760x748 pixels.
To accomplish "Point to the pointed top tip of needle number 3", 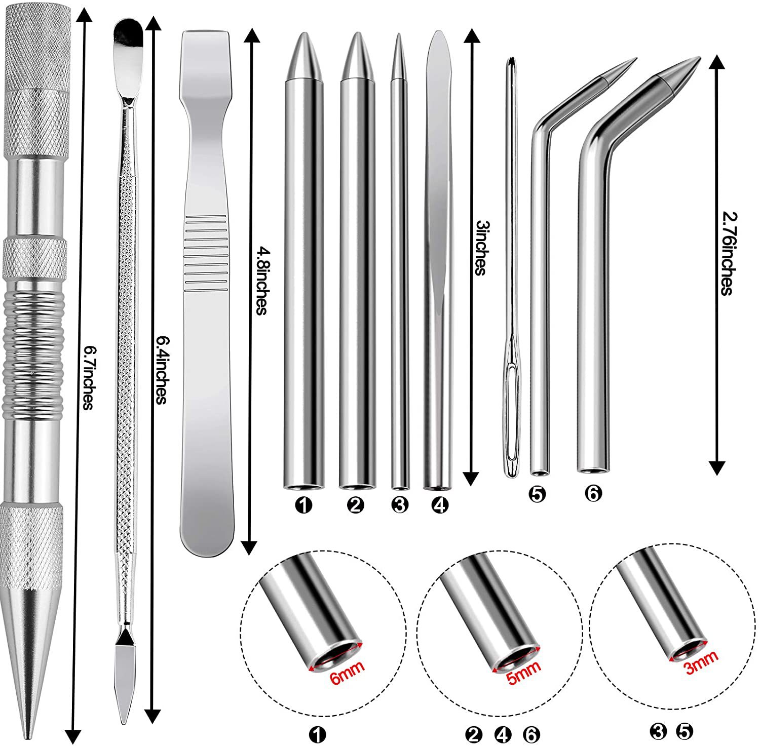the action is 399,34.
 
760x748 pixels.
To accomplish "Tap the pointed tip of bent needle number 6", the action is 700,58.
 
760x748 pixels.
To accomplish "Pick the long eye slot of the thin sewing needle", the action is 511,395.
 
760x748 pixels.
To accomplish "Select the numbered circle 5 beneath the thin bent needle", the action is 538,494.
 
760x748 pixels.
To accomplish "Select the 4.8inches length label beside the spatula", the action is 260,281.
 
